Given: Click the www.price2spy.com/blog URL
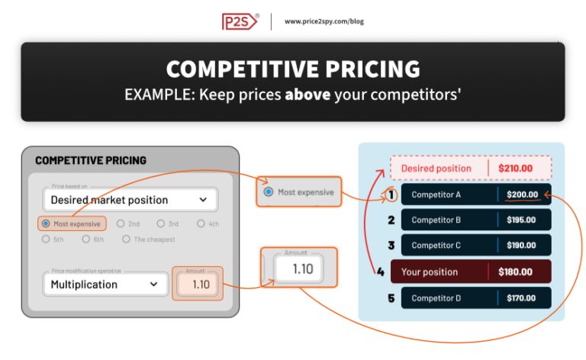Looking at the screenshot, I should tap(324, 21).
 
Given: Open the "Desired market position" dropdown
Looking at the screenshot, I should tap(130, 200).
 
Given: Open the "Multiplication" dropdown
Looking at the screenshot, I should tap(105, 284).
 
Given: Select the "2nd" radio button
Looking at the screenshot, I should tap(121, 224).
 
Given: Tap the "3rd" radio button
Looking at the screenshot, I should tap(161, 224).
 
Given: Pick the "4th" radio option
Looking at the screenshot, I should tap(201, 224).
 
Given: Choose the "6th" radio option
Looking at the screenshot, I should tap(86, 239).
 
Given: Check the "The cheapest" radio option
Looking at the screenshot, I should tap(127, 239).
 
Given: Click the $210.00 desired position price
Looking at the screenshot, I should tap(515, 169).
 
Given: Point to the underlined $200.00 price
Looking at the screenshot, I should tap(523, 194).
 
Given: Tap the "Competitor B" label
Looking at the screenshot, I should tap(436, 220).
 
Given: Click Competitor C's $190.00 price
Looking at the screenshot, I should tap(522, 246).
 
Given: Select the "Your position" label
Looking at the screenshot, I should tap(429, 272).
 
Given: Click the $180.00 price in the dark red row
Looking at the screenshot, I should tap(515, 272).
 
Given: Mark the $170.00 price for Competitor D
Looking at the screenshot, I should tap(522, 298).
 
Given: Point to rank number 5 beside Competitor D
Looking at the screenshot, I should tap(391, 298).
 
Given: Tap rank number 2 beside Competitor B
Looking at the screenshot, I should tap(391, 220).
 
